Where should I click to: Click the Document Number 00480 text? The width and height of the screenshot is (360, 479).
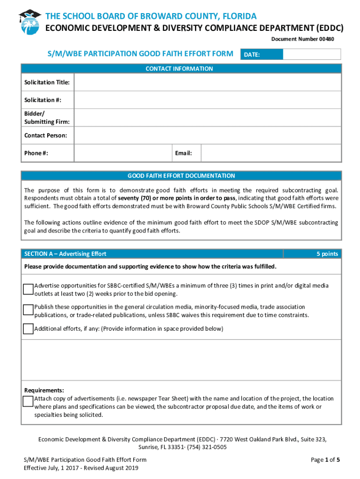click(302, 39)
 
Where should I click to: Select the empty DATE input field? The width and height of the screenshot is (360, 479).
click(312, 55)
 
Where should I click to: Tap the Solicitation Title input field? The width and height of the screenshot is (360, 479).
click(208, 83)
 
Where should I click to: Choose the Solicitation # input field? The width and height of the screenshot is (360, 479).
click(208, 100)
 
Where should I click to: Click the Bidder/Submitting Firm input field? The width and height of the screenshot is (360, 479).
click(208, 118)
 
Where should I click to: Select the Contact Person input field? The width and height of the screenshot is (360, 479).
click(208, 136)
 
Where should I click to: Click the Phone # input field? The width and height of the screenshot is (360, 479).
click(122, 153)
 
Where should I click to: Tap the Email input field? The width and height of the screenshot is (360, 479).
click(271, 153)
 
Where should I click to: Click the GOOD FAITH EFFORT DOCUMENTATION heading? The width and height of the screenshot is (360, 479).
click(181, 176)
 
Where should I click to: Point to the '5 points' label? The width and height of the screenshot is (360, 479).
click(327, 254)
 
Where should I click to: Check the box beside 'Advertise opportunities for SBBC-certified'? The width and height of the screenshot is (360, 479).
click(29, 289)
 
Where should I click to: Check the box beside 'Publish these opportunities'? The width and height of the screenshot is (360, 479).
click(29, 310)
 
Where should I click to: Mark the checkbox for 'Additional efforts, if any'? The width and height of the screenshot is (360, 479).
click(29, 329)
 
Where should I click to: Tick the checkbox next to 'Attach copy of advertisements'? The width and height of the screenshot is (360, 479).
click(29, 402)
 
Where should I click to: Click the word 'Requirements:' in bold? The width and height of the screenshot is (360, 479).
click(44, 391)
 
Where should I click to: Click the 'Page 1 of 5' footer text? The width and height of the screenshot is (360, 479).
click(325, 460)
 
